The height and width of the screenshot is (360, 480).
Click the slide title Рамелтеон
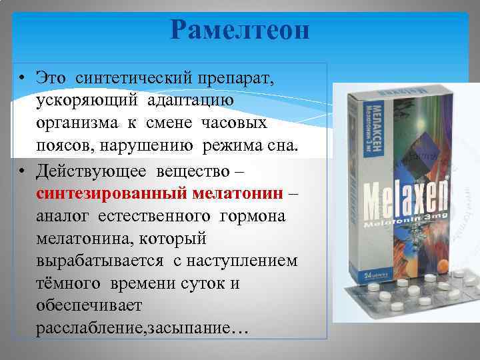tap(239, 31)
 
